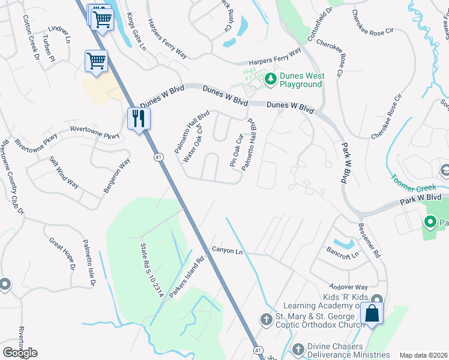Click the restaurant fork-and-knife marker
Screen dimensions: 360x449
(139, 118)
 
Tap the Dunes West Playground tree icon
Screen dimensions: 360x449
(271, 79)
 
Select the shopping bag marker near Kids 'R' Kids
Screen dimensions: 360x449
(372, 313)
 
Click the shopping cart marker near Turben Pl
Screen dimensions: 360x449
(96, 61)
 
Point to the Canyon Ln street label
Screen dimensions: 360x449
(226, 250)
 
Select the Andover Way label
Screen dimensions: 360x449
(348, 287)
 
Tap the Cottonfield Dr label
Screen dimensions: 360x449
(319, 24)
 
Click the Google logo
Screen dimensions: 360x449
(20, 352)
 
